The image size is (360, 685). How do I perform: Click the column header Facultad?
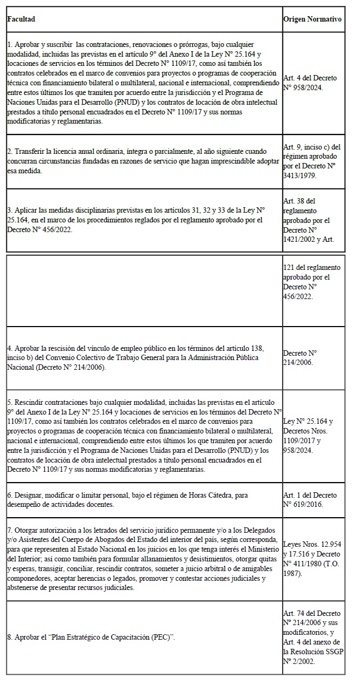pyautogui.click(x=21, y=19)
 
